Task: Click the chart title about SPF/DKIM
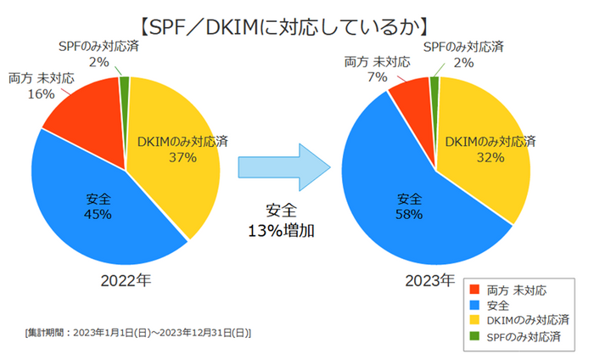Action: pos(296,22)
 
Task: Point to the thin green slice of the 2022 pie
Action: pos(125,84)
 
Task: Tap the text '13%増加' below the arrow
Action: pos(281,229)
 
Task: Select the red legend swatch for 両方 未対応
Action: pos(475,290)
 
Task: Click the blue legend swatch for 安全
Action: pos(475,305)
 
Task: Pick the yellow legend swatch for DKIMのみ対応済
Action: pos(475,320)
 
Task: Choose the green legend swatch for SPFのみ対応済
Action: pos(475,335)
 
